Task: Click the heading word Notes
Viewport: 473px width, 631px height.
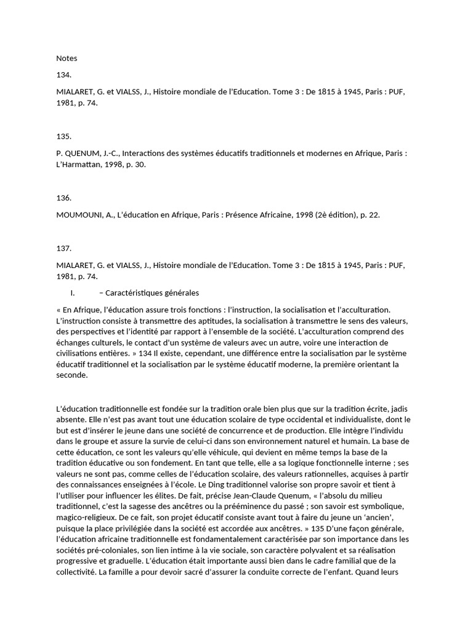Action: coord(67,59)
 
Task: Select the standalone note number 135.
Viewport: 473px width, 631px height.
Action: coord(63,136)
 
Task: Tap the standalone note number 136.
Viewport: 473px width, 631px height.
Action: coord(63,198)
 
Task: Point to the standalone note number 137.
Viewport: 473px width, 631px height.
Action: coord(63,248)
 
